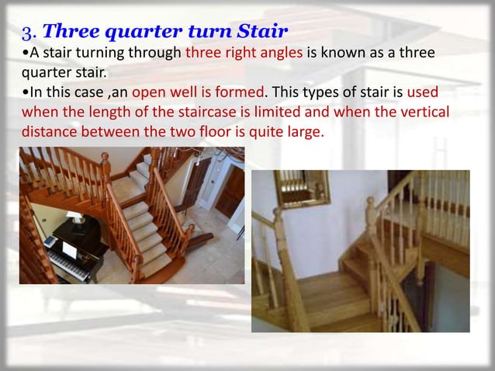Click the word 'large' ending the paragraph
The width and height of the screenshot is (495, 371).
click(300, 131)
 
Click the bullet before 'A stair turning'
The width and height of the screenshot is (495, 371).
click(26, 54)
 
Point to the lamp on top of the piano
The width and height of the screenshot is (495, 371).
click(76, 219)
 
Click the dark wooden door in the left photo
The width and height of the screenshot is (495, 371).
click(230, 190)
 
